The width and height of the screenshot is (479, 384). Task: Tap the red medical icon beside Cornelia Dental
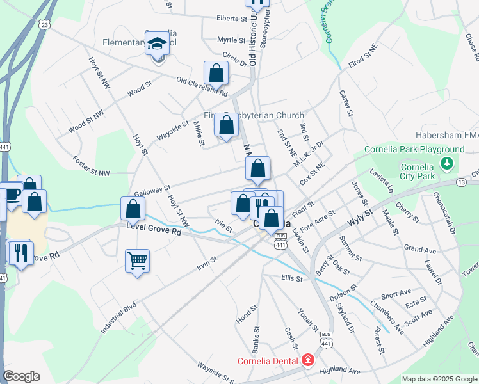click(x=308, y=360)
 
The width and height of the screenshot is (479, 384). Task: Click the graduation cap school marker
click(x=157, y=45)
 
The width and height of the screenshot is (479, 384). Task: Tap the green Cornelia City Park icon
click(x=447, y=164)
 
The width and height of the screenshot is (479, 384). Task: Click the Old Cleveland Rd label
click(x=202, y=86)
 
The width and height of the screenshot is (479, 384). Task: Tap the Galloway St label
click(x=152, y=191)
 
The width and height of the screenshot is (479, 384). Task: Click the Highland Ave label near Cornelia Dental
click(x=340, y=371)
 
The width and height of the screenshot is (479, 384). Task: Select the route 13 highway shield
click(x=461, y=182)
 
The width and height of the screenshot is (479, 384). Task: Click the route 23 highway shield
click(x=44, y=24)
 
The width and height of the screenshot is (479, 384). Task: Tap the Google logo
click(x=21, y=376)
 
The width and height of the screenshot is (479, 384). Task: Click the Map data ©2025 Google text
click(x=439, y=379)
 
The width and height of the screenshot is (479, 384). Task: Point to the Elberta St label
click(x=232, y=19)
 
